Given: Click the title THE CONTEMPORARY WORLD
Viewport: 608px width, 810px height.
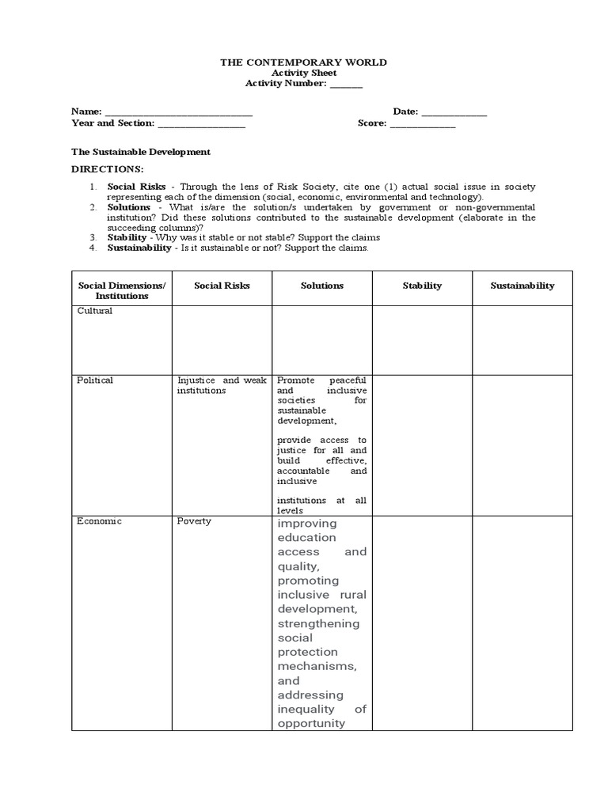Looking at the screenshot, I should click(x=304, y=62).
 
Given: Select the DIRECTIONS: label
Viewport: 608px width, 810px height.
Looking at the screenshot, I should click(x=108, y=169).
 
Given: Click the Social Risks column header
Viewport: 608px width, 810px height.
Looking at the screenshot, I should click(x=222, y=286).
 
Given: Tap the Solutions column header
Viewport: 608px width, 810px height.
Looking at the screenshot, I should click(x=322, y=286).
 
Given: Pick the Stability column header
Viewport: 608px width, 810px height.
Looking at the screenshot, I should click(x=422, y=286).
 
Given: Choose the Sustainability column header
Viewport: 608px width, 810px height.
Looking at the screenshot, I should click(x=522, y=286).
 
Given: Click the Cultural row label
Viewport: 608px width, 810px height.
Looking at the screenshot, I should click(x=94, y=311).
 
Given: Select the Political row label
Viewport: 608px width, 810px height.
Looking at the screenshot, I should click(x=95, y=380).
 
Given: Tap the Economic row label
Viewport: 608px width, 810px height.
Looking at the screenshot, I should click(x=99, y=521).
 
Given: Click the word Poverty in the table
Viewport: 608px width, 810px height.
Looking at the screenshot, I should click(x=194, y=521).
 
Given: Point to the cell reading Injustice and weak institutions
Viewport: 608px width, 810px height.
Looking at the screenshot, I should click(x=222, y=385).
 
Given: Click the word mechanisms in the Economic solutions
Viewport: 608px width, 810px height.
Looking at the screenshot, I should click(x=317, y=666).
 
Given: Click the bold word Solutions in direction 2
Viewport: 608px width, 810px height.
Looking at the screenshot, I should click(x=129, y=207).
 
